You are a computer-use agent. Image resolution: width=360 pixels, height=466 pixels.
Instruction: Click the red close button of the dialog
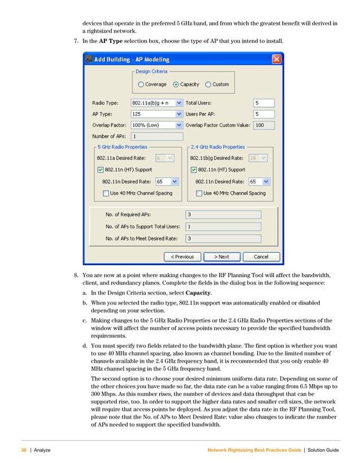[276, 59]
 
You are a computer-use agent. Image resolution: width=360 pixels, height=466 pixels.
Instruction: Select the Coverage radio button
[141, 85]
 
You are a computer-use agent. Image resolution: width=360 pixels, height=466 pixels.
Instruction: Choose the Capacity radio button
[176, 85]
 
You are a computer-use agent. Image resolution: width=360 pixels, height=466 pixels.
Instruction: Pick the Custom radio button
[208, 85]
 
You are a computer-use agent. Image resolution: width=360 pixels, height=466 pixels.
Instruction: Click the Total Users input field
[264, 103]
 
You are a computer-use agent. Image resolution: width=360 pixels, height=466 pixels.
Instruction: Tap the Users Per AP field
[264, 114]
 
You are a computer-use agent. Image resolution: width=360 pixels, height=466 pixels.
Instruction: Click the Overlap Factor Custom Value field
[264, 125]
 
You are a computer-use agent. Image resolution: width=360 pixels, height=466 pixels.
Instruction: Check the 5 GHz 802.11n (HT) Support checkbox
[100, 170]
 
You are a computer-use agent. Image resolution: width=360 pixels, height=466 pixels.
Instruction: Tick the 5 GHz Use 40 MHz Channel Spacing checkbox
[106, 193]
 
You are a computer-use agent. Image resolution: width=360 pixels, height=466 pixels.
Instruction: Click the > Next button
[221, 257]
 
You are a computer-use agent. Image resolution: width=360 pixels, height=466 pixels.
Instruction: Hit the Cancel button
[261, 257]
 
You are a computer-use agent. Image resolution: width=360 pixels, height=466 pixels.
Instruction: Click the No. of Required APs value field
[223, 214]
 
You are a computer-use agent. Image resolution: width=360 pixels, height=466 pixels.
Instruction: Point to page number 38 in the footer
[24, 449]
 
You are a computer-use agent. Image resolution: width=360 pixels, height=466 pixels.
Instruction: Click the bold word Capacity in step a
[199, 293]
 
